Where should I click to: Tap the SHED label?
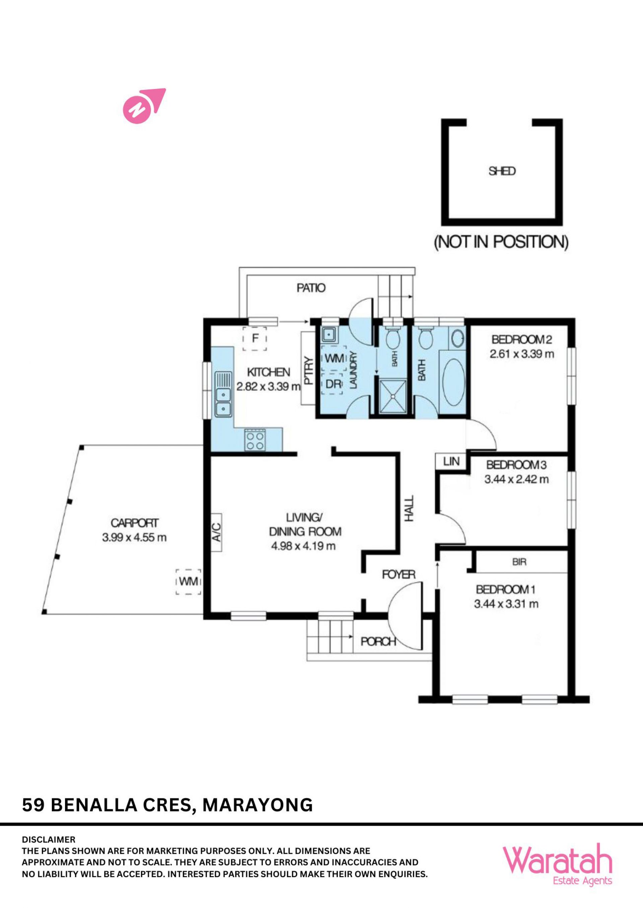click(x=502, y=171)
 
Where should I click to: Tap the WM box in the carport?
click(x=189, y=581)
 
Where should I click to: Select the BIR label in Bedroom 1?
click(x=519, y=562)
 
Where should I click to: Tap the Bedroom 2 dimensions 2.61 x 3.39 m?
click(x=521, y=354)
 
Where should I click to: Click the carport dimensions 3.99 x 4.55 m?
click(x=134, y=537)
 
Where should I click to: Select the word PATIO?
click(x=311, y=288)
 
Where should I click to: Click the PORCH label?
click(x=378, y=641)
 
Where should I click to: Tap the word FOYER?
click(x=399, y=575)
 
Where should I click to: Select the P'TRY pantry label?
click(x=308, y=370)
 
